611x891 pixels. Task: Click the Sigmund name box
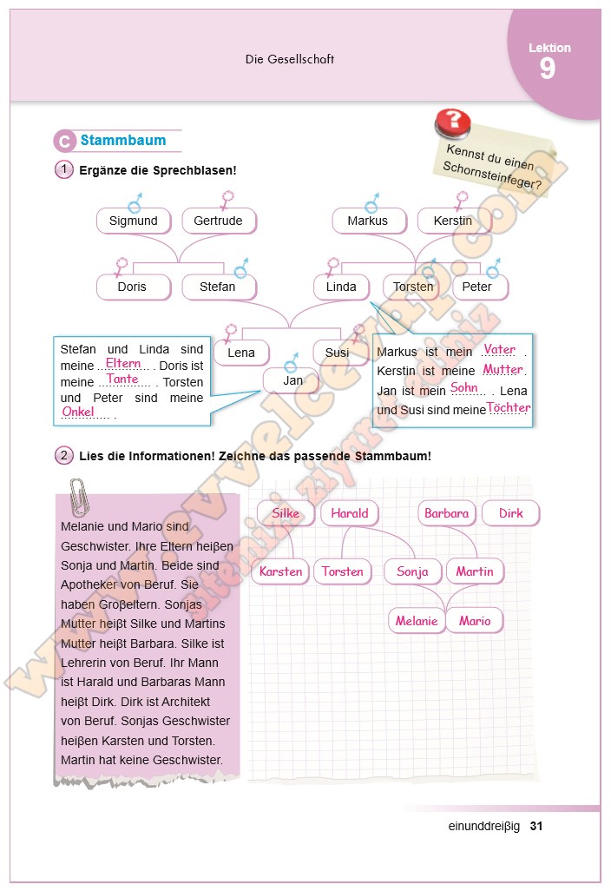pyautogui.click(x=134, y=221)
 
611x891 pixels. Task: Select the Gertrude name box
pyautogui.click(x=218, y=221)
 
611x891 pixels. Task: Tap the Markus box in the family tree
pyautogui.click(x=368, y=221)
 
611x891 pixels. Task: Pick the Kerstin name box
pyautogui.click(x=453, y=221)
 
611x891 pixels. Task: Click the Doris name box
pyautogui.click(x=133, y=287)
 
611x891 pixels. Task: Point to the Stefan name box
pyautogui.click(x=218, y=287)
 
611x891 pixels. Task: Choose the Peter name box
pyautogui.click(x=477, y=287)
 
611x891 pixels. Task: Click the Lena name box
pyautogui.click(x=241, y=353)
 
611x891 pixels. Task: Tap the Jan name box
pyautogui.click(x=293, y=380)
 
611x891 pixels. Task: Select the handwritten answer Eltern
pyautogui.click(x=123, y=363)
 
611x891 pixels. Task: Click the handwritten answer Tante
pyautogui.click(x=123, y=379)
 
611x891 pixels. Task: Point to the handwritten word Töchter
pyautogui.click(x=509, y=407)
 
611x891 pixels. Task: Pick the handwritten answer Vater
pyautogui.click(x=500, y=349)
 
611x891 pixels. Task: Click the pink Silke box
pyautogui.click(x=286, y=513)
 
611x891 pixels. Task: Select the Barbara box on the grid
pyautogui.click(x=447, y=513)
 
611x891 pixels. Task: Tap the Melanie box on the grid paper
pyautogui.click(x=417, y=621)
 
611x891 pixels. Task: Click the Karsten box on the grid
pyautogui.click(x=281, y=571)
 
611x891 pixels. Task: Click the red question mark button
pyautogui.click(x=452, y=122)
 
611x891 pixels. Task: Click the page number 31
pyautogui.click(x=535, y=826)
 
